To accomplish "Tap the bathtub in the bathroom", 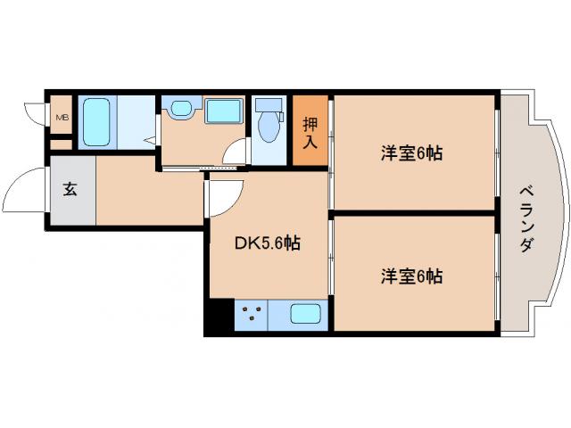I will [95, 122].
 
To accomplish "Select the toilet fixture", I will [267, 125].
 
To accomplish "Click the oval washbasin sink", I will [181, 110].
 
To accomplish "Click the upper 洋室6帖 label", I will [412, 153].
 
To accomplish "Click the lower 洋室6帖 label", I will [412, 276].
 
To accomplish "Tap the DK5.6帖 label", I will [267, 243].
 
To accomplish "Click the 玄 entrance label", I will [70, 189].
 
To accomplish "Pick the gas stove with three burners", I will [252, 314].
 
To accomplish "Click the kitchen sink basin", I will [306, 315].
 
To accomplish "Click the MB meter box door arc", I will [35, 114].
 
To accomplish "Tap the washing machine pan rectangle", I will [222, 111].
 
